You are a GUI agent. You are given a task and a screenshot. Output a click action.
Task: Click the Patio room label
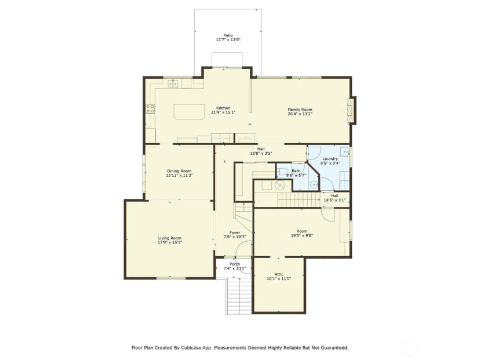coord(228,35)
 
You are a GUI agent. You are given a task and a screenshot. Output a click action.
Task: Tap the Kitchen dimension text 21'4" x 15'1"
coord(223,112)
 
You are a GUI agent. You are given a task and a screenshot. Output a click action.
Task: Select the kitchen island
coord(189,112)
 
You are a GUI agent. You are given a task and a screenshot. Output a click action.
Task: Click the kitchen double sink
coord(173,83)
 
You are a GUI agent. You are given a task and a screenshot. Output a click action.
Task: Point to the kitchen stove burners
coord(150,108)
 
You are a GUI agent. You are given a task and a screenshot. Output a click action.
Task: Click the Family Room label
coord(300,110)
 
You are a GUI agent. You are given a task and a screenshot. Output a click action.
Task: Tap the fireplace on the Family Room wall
coord(351,111)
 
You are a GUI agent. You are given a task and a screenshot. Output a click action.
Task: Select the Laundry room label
coord(330,159)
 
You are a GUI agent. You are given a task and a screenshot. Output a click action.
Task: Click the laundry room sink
coord(345,151)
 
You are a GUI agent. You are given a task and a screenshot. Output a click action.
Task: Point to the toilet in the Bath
coord(282,172)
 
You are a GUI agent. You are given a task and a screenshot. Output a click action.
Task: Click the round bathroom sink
coord(314,184)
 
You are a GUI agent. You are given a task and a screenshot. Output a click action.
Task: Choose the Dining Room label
coord(179,171)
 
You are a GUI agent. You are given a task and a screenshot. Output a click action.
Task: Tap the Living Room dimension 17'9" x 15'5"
coord(170,242)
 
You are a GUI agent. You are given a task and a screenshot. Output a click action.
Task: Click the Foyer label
coord(235,232)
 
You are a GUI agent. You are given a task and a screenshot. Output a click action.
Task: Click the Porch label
coord(235,264)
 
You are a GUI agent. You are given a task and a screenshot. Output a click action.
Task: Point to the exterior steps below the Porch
coord(239,296)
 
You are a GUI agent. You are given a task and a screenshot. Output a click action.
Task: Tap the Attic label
coord(279,274)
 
